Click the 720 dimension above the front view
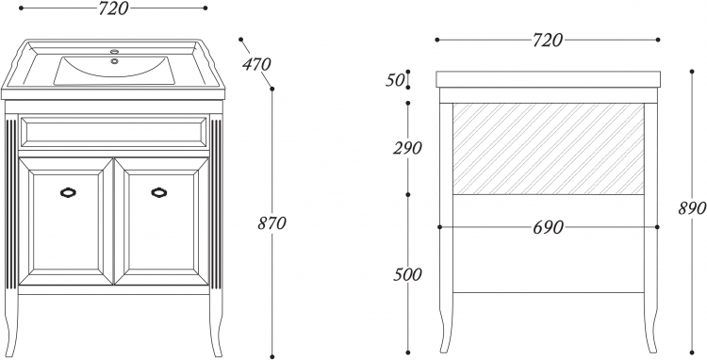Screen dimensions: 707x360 pos(114,8)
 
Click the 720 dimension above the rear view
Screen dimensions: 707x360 pos(548,41)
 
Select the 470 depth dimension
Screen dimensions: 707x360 pos(256,64)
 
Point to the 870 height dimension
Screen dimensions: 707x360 pos(271,223)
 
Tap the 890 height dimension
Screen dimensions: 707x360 pos(692,208)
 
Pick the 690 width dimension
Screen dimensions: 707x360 pos(548,227)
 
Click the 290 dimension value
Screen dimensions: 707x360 pos(407,148)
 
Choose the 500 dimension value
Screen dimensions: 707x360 pos(407,274)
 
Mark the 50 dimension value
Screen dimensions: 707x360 pos(394,80)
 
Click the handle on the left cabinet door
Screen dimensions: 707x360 pos(68,192)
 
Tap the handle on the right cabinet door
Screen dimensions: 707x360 pos(158,192)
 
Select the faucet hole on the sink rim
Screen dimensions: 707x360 pos(114,51)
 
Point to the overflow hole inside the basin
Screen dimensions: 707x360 pos(114,61)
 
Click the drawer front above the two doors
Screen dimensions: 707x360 pos(114,132)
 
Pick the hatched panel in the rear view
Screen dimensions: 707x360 pos(549,149)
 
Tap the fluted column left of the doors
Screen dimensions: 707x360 pos(11,204)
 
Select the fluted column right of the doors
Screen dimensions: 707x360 pos(216,204)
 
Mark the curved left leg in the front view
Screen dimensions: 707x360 pos(11,325)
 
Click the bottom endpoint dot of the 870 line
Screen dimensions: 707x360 pos(271,356)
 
